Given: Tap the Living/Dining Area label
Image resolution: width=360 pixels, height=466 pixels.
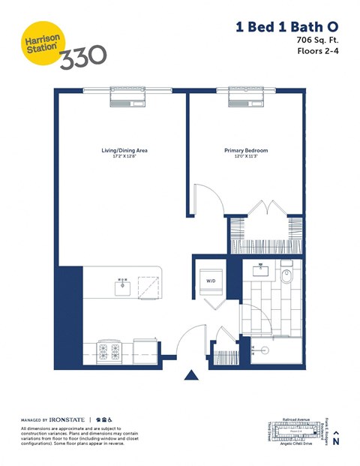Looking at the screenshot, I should tap(124, 151).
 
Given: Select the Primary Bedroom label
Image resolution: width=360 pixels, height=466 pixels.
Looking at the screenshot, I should tap(246, 151).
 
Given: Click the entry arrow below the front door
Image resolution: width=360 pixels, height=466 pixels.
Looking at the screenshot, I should tap(192, 376).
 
